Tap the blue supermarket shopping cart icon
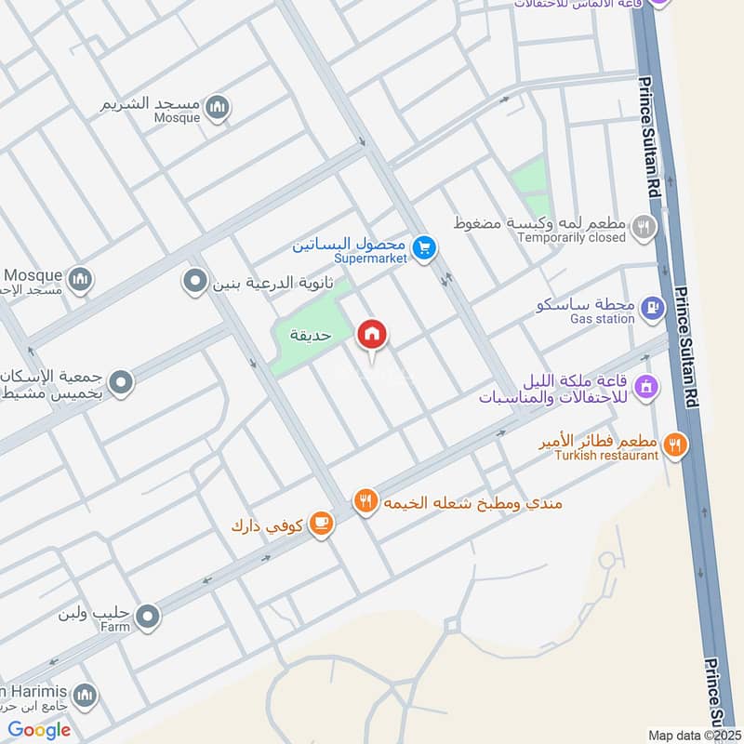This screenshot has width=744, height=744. pyautogui.click(x=425, y=248)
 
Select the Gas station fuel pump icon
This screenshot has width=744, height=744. pyautogui.click(x=654, y=306)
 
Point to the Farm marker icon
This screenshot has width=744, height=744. pyautogui.click(x=147, y=615)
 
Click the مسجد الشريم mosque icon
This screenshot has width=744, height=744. pyautogui.click(x=218, y=107)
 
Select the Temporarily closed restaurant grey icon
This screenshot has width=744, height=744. pyautogui.click(x=643, y=225)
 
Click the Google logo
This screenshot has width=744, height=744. pyautogui.click(x=39, y=730)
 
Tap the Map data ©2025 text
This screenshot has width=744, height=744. pyautogui.click(x=693, y=735)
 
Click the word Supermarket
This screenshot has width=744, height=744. pyautogui.click(x=370, y=258)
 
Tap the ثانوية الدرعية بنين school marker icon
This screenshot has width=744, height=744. pyautogui.click(x=195, y=279)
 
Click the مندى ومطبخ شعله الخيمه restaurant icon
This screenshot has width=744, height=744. pyautogui.click(x=366, y=501)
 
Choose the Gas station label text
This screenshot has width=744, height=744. pyautogui.click(x=603, y=318)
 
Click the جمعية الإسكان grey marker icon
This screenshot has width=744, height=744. pyautogui.click(x=120, y=381)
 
